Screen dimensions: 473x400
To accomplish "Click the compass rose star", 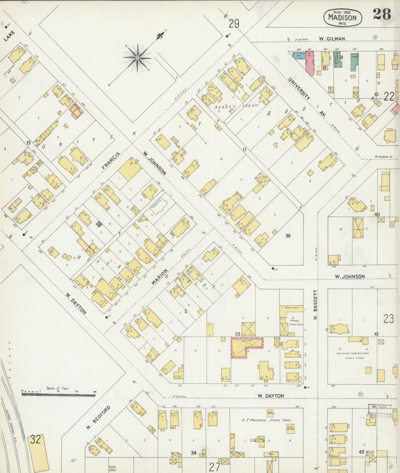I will pos(137,58).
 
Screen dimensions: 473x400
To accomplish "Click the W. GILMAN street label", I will pos(332,39).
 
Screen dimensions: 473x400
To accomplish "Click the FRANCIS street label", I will pos(111,161).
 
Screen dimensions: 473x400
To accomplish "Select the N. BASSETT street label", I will pos(315,305).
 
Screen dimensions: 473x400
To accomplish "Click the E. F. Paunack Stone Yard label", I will pos(267,420).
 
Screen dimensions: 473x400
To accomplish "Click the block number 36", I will pos(288,236).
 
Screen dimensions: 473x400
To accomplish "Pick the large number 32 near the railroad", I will pos(36,440).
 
